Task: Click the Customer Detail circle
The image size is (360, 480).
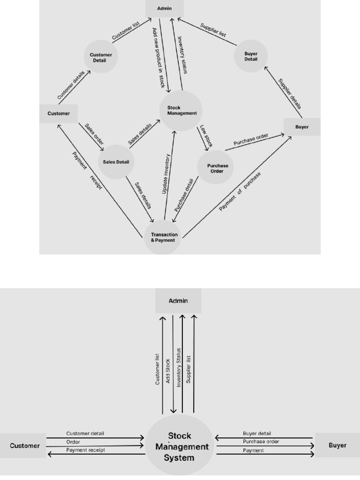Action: click(x=101, y=57)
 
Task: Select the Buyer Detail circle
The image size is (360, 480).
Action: click(x=251, y=56)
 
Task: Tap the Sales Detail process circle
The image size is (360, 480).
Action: click(x=116, y=162)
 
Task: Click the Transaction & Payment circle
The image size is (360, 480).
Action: click(x=163, y=237)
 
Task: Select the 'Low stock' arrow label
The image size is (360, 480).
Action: click(x=206, y=136)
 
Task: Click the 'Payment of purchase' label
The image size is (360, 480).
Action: click(x=240, y=191)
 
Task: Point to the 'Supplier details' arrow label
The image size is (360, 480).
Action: click(x=290, y=93)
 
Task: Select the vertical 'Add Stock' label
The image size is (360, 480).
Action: click(x=168, y=372)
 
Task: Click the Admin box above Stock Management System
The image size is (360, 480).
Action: click(x=178, y=300)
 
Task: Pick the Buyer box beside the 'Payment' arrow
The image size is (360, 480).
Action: click(x=337, y=445)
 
